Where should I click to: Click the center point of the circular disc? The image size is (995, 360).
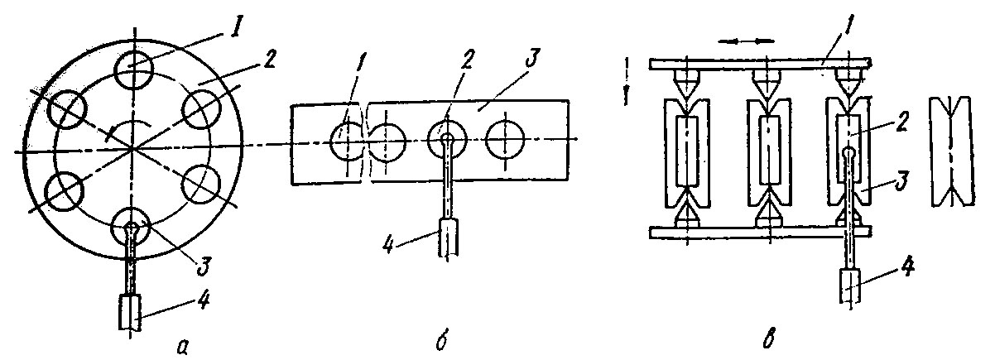point(132,151)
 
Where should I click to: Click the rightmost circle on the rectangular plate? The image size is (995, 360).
point(507,140)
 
